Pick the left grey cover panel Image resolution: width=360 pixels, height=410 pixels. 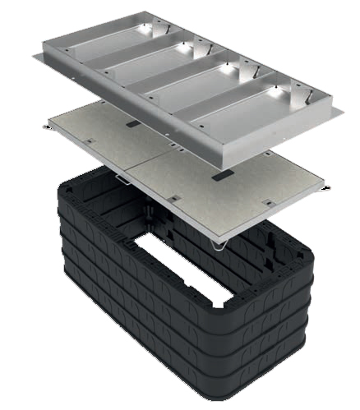tap(107, 140)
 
